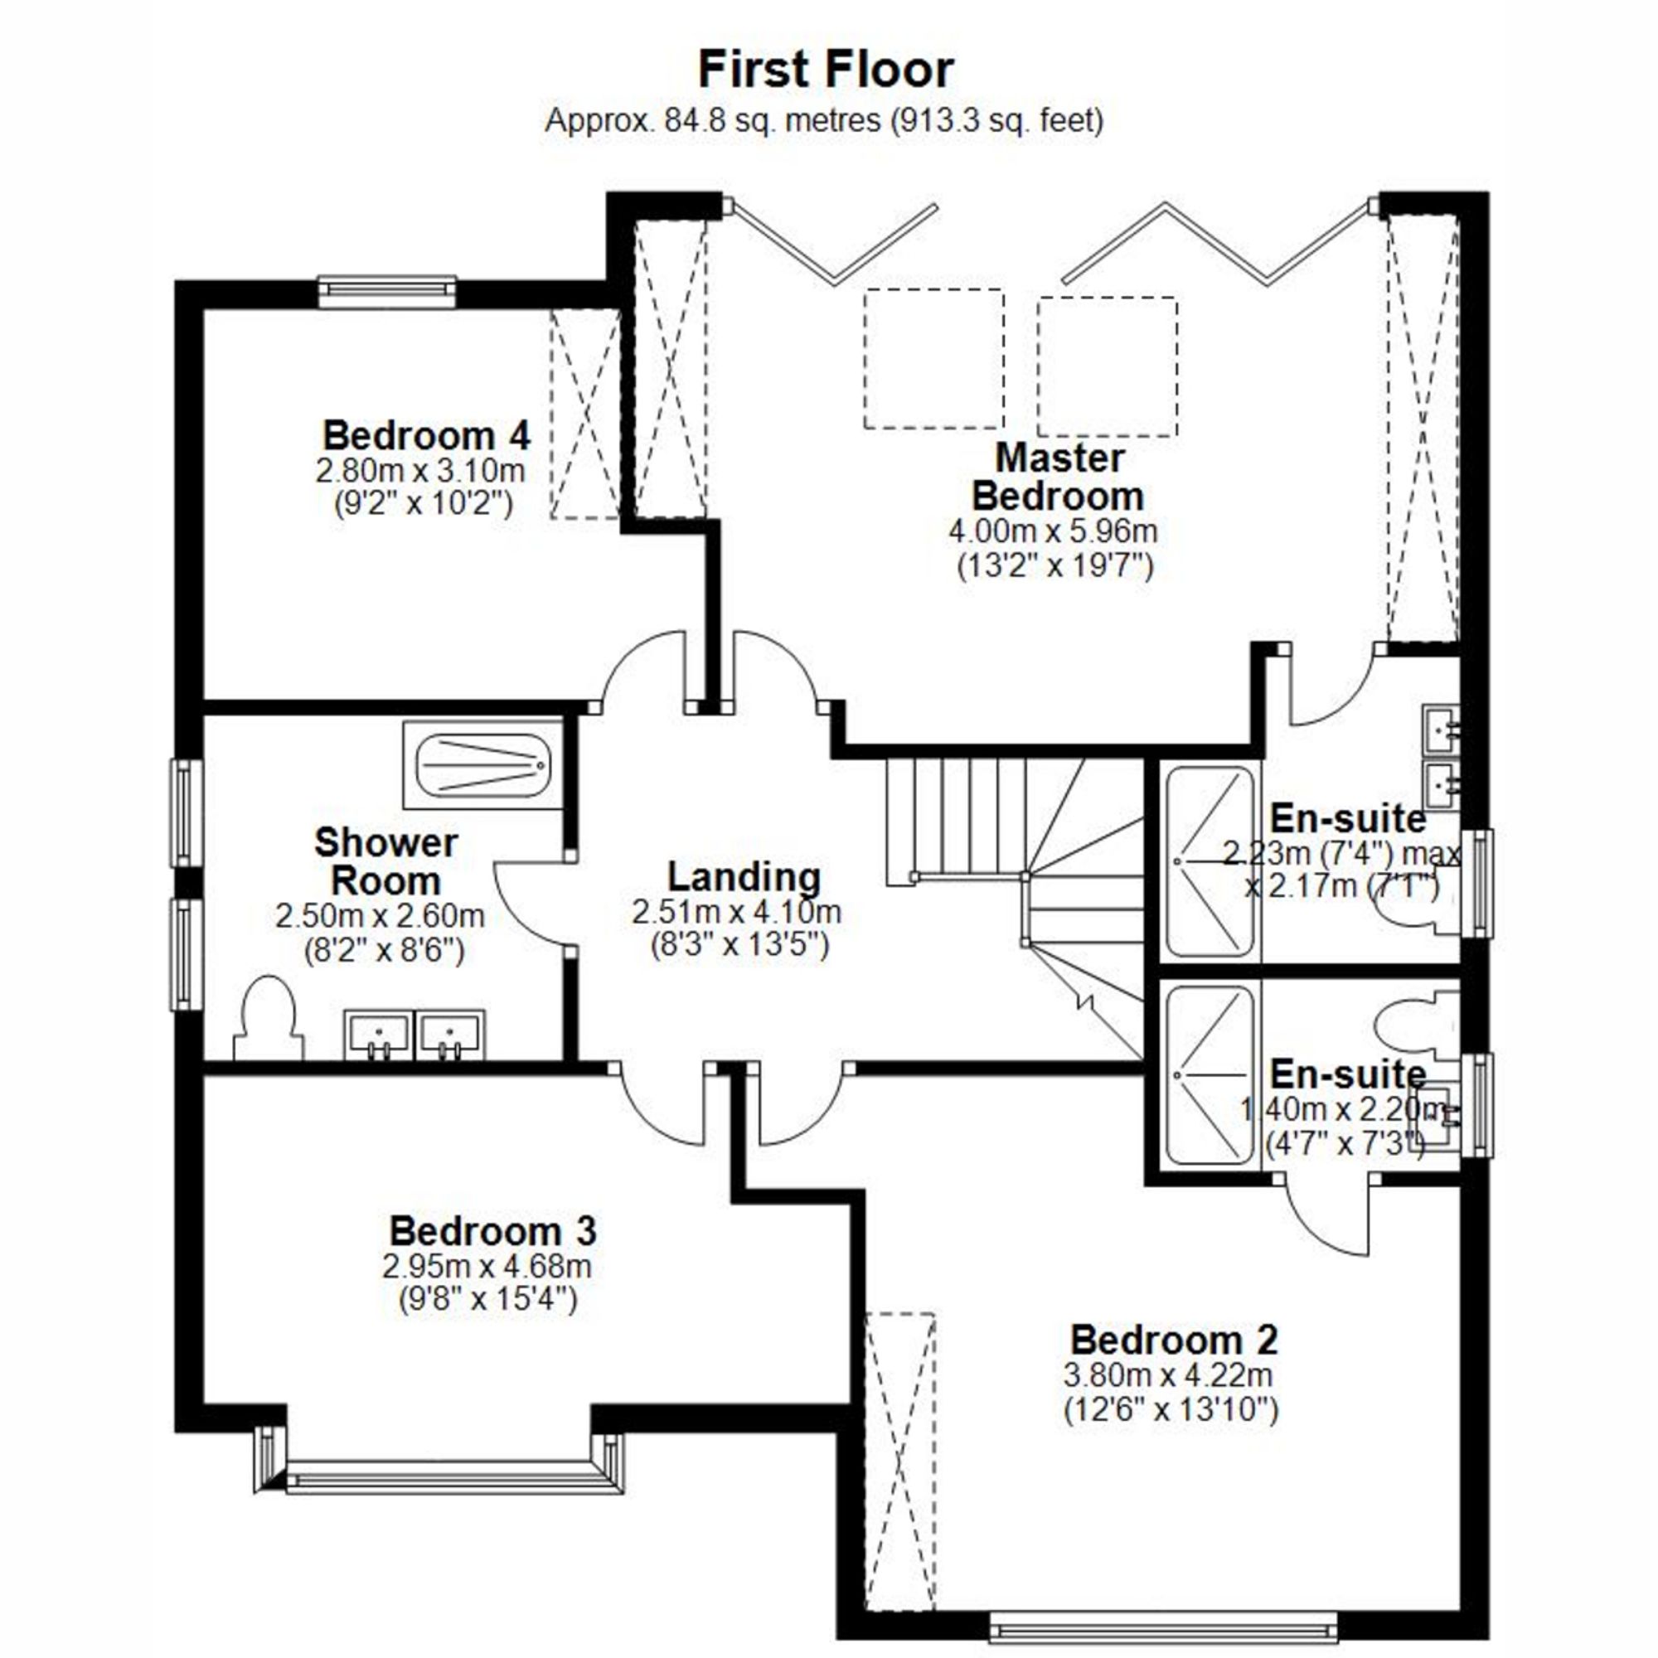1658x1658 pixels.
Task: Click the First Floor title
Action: tap(826, 70)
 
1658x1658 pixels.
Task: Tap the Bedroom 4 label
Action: tap(426, 435)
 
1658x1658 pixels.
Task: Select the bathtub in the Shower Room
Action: tap(483, 764)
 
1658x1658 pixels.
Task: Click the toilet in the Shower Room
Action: tap(269, 1024)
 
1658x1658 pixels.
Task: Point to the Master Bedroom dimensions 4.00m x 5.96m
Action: tap(1053, 531)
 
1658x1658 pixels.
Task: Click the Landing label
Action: tap(744, 877)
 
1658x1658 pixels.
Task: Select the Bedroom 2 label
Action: tap(1173, 1340)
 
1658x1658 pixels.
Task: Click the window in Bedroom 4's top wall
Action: tap(387, 291)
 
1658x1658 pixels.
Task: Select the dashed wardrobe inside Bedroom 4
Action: tap(584, 413)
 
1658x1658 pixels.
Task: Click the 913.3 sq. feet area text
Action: tap(997, 120)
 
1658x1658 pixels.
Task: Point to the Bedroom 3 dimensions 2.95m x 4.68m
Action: tap(487, 1266)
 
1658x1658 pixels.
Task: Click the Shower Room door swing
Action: tap(531, 903)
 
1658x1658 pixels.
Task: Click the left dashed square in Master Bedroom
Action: tap(933, 359)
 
